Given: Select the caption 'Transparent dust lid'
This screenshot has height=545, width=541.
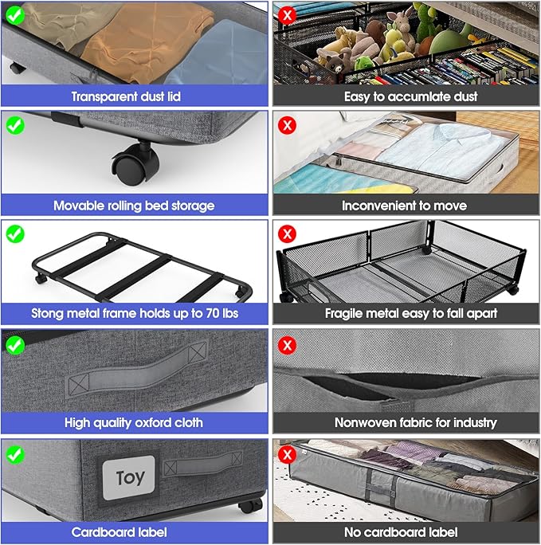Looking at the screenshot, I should point(134,96).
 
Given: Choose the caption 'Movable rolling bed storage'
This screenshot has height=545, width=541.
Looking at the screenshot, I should point(134,206).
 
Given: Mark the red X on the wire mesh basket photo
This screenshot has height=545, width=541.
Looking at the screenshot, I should point(288,233).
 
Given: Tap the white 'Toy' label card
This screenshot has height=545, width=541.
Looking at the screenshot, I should point(129,478).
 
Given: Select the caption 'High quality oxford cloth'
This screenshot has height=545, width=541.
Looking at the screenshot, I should point(134,422).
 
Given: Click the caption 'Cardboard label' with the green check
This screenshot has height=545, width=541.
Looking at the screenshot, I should point(134,531).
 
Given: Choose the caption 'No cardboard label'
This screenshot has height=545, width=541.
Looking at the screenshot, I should point(406,531).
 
